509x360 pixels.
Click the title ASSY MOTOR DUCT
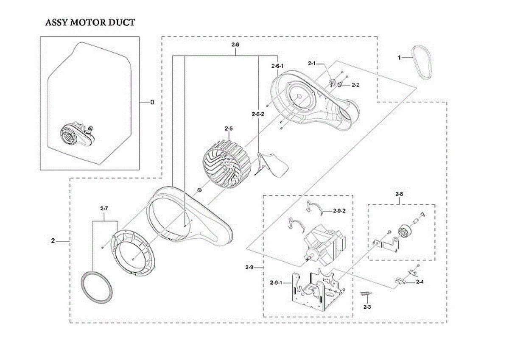[90, 22]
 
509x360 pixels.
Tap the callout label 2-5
[229, 128]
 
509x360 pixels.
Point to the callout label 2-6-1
[277, 66]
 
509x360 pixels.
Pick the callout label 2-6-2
[258, 114]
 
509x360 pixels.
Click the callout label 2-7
[104, 209]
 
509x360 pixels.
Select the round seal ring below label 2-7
[98, 287]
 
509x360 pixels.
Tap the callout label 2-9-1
[277, 282]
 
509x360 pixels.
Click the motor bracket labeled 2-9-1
[317, 293]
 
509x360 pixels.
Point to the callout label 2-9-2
[340, 211]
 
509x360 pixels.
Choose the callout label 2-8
[399, 194]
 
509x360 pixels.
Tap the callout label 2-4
[420, 282]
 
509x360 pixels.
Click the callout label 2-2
[355, 85]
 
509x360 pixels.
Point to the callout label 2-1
[312, 64]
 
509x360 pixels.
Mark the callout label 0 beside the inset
[152, 102]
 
